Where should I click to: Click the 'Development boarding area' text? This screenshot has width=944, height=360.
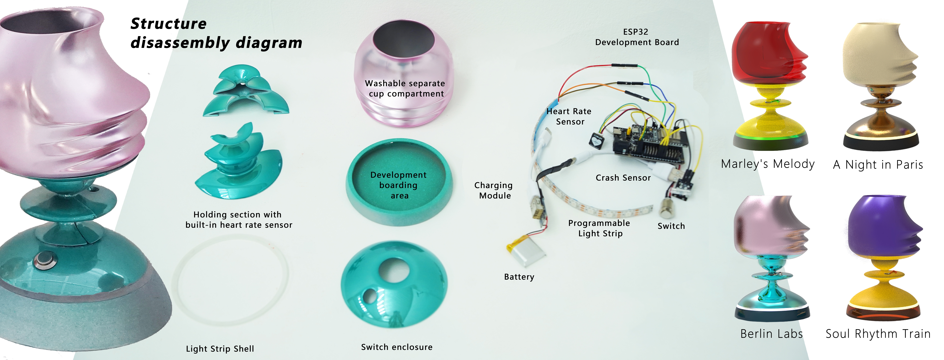point(399,185)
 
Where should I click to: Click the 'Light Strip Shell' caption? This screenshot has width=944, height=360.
point(220,349)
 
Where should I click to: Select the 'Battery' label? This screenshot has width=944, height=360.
point(519,277)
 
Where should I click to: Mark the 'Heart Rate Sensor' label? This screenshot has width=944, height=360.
point(569,116)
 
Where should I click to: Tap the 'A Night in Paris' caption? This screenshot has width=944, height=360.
point(878,165)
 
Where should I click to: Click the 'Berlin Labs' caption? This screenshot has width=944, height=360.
point(771,334)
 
